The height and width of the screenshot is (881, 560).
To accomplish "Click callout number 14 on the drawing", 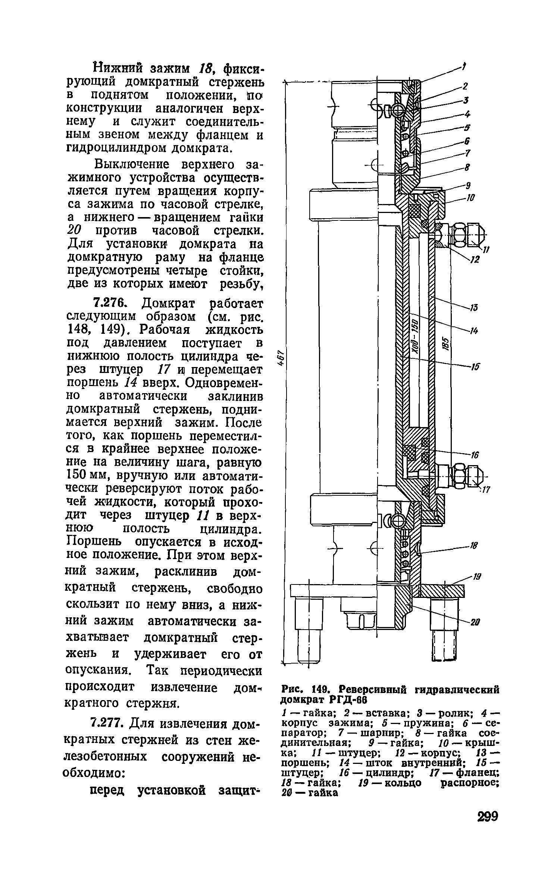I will coord(474,331).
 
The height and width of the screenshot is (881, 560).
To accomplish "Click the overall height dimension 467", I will coord(283,359).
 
